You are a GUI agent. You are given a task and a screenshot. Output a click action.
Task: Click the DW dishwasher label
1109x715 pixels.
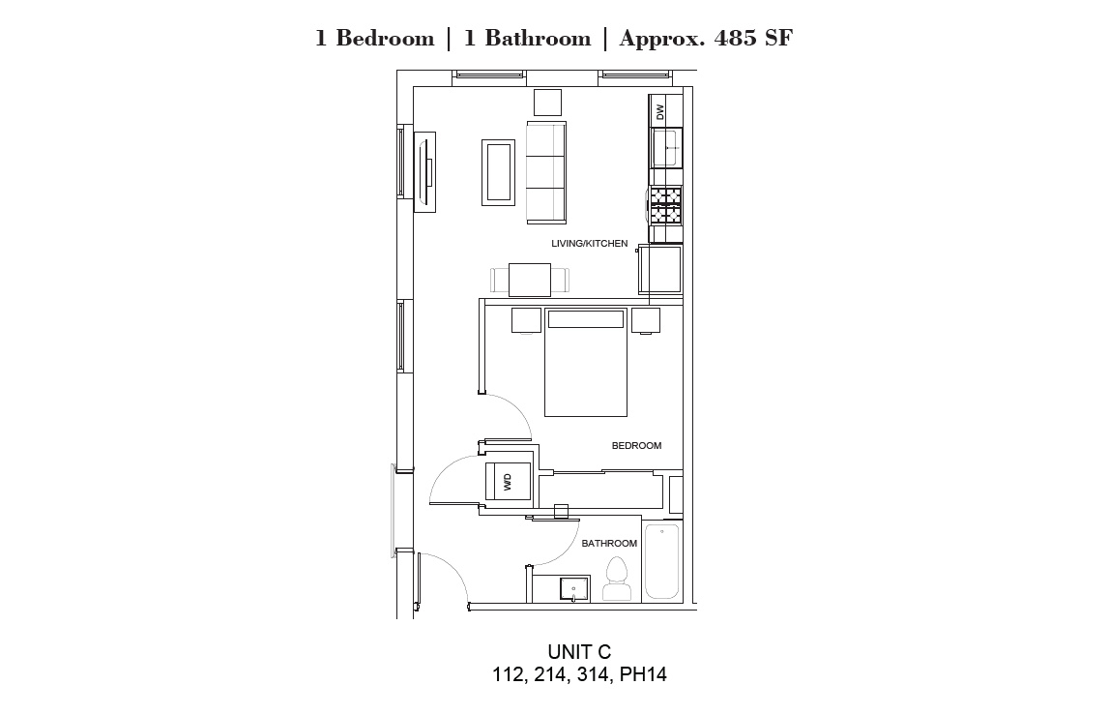[x=660, y=112]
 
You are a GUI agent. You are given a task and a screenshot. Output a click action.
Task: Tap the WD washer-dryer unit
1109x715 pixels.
[x=508, y=482]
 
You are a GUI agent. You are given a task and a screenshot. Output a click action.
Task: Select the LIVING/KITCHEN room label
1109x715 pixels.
[x=589, y=244]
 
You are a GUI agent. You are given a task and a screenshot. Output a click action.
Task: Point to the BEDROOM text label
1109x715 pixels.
[x=636, y=445]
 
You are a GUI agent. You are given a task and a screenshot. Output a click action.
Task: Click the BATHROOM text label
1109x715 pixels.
[x=609, y=543]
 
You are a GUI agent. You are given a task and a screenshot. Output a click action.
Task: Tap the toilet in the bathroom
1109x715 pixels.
[x=617, y=580]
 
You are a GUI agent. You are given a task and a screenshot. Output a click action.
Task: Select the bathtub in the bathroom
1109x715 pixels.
[x=662, y=560]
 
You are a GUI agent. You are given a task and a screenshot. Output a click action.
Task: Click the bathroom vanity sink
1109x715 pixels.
[x=573, y=588]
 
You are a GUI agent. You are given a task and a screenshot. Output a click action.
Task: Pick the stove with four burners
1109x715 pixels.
[x=665, y=204]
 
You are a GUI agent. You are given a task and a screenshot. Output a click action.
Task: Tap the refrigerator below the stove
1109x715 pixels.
[x=660, y=269]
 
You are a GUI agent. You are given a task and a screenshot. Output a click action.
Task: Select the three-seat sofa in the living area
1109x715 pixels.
[x=546, y=172]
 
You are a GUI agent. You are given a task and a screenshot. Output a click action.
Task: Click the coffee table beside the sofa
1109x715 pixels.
[x=498, y=173]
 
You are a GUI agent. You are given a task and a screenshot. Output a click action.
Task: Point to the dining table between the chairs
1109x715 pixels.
[x=530, y=280]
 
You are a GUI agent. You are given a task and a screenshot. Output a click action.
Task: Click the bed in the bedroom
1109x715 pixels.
[x=586, y=363]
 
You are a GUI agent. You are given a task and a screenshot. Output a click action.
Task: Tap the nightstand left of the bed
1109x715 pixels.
[x=526, y=320]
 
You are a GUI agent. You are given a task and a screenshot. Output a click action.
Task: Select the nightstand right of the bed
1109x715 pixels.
[x=646, y=320]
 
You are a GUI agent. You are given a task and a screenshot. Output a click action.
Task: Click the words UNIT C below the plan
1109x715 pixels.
[x=579, y=652]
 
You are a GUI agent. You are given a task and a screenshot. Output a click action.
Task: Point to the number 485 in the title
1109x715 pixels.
[x=736, y=38]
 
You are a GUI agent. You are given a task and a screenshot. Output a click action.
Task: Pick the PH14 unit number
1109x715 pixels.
[x=643, y=674]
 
